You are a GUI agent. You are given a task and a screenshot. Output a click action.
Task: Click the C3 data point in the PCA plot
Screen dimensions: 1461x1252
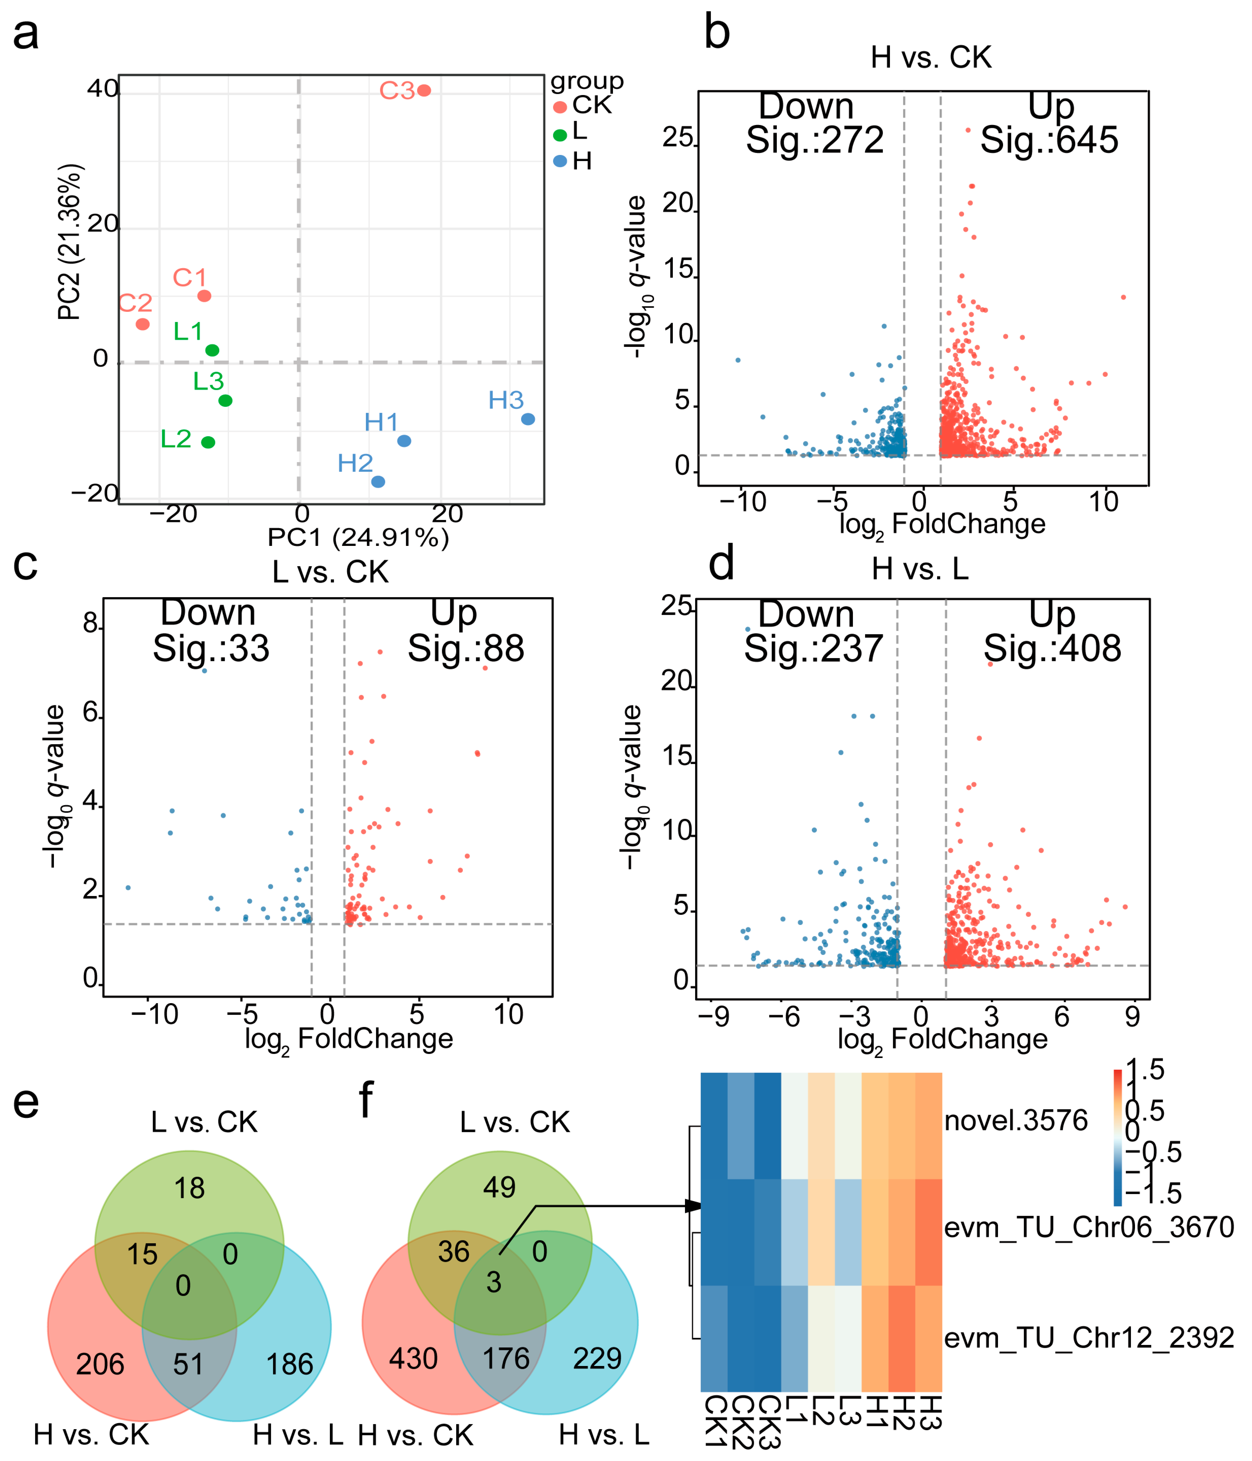424,90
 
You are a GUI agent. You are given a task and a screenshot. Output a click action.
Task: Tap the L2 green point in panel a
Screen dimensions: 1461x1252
208,442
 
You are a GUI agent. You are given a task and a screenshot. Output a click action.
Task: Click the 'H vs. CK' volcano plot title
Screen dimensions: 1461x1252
930,57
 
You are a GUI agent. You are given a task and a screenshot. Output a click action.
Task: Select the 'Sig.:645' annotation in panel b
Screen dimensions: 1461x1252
1049,140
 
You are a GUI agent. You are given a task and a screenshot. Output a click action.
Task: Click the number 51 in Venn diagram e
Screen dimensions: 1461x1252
188,1364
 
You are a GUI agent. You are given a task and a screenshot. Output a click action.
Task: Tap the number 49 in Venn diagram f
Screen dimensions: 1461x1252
499,1187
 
